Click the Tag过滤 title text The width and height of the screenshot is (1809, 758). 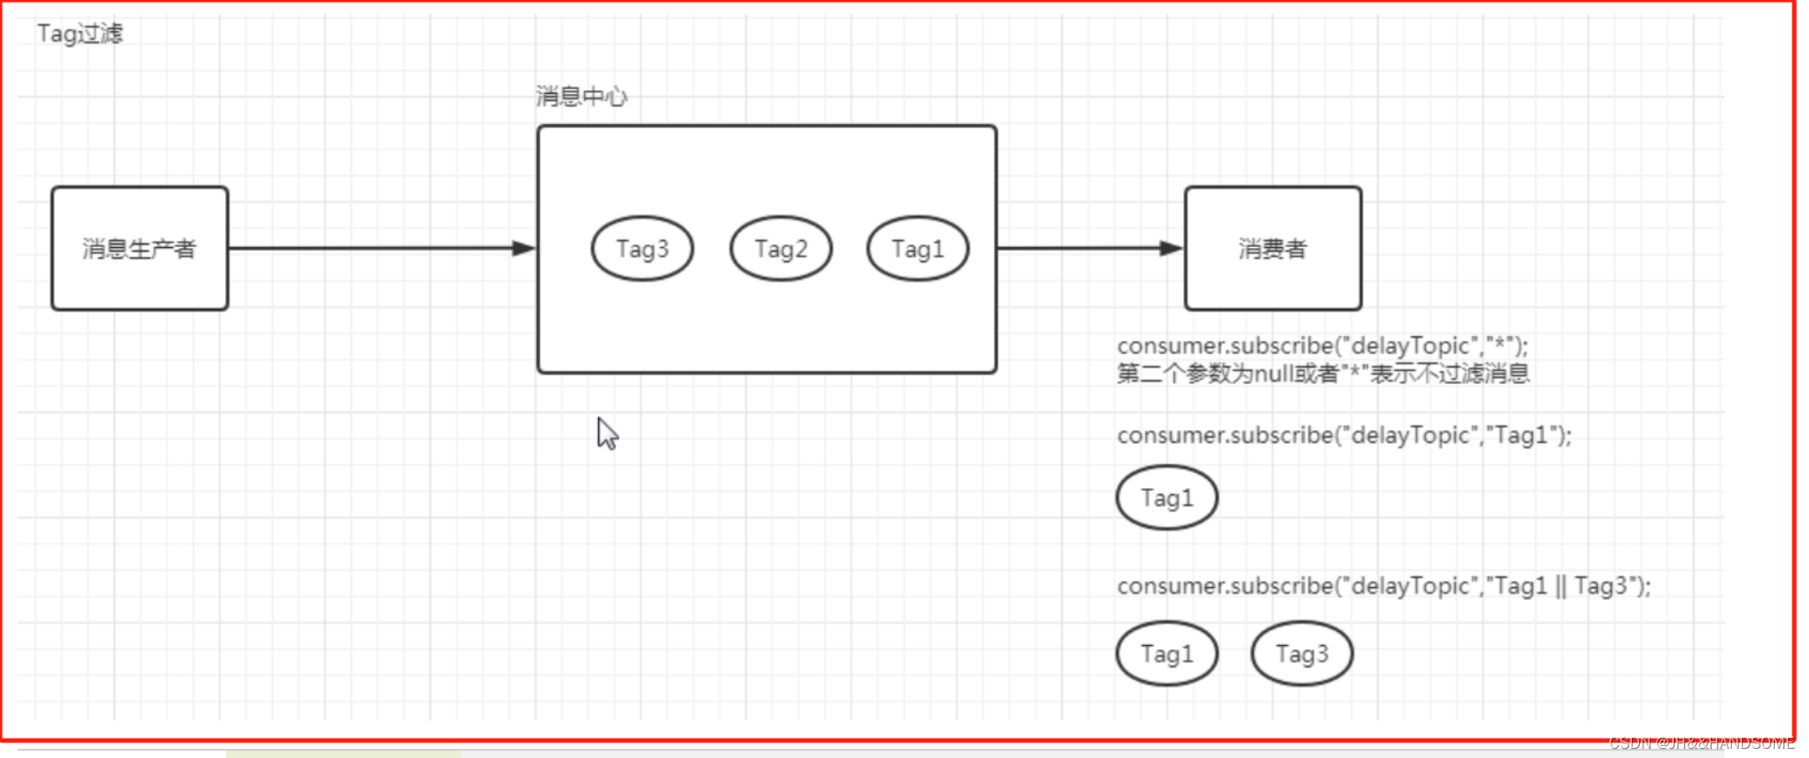pyautogui.click(x=80, y=34)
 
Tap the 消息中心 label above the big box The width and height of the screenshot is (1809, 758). pyautogui.click(x=581, y=96)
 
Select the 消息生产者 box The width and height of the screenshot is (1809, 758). pyautogui.click(x=140, y=248)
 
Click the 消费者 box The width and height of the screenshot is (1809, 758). pyautogui.click(x=1272, y=248)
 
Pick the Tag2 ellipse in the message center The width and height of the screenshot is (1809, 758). pyautogui.click(x=781, y=248)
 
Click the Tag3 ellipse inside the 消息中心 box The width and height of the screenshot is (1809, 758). pyautogui.click(x=642, y=248)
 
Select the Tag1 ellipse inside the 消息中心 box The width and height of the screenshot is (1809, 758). pyautogui.click(x=918, y=248)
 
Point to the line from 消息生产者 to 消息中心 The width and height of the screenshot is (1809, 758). pyautogui.click(x=367, y=248)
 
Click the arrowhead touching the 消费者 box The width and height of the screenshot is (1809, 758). pyautogui.click(x=1170, y=248)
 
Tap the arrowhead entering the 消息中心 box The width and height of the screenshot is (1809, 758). pyautogui.click(x=524, y=248)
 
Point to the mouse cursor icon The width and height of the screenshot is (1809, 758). pyautogui.click(x=606, y=433)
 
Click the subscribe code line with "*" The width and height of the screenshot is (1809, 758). pyautogui.click(x=1322, y=346)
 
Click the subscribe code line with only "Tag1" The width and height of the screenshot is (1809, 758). pyautogui.click(x=1344, y=435)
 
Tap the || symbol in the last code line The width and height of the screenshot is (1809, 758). pyautogui.click(x=1560, y=586)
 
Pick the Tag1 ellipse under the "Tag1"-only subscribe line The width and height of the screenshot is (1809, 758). pyautogui.click(x=1167, y=498)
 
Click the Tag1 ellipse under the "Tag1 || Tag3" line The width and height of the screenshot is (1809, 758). pyautogui.click(x=1167, y=654)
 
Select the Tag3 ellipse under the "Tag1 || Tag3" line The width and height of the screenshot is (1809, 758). pyautogui.click(x=1302, y=654)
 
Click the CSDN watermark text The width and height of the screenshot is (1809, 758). pyautogui.click(x=1701, y=743)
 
